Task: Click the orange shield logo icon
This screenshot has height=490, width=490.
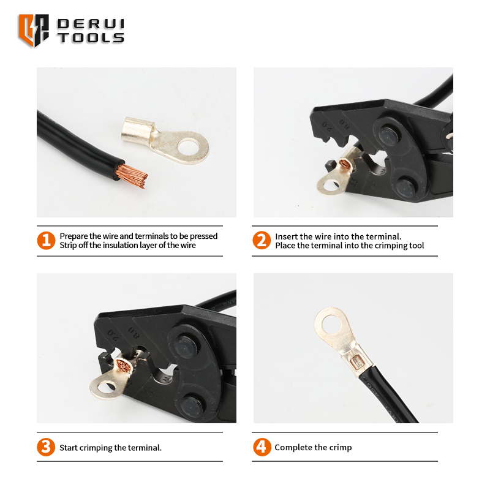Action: click(34, 30)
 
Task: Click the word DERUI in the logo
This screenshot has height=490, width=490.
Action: click(91, 24)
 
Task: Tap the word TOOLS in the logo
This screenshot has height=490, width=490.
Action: click(91, 38)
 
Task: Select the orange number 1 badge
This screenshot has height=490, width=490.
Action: click(46, 240)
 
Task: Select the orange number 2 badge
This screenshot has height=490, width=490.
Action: click(262, 240)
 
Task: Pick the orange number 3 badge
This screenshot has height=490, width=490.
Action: click(46, 447)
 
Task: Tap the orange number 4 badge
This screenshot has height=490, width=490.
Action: click(262, 447)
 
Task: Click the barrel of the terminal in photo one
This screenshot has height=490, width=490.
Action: click(137, 129)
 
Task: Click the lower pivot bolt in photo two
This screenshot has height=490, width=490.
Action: click(405, 187)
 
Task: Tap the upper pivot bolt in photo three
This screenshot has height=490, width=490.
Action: click(186, 347)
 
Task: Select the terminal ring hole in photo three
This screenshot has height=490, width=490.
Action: click(106, 388)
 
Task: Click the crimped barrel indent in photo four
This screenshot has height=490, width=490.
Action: click(356, 363)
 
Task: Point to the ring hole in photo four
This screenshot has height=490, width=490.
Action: click(331, 324)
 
